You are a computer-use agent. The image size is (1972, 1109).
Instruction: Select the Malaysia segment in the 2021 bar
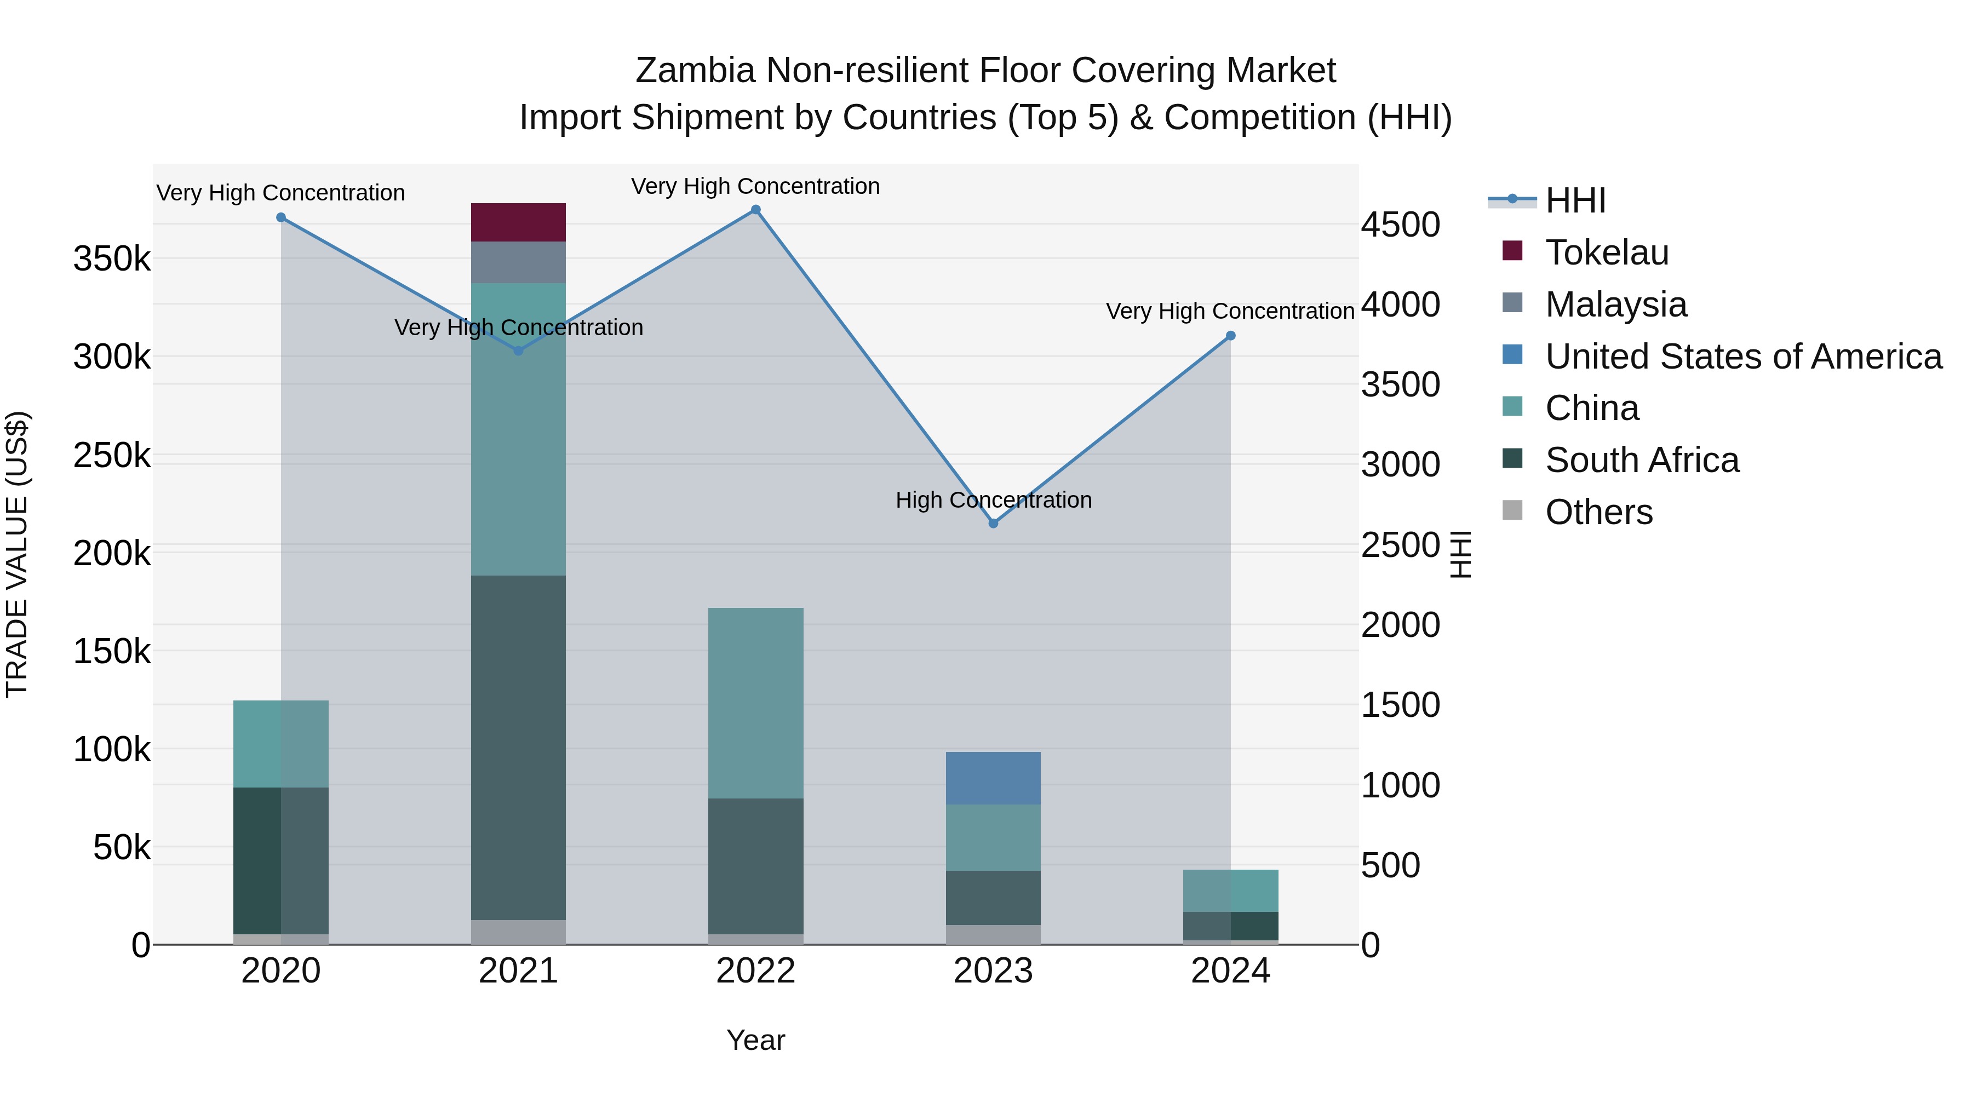click(x=518, y=262)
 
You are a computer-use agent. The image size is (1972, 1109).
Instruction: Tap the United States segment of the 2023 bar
click(x=993, y=778)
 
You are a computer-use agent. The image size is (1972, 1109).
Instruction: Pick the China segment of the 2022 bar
click(x=755, y=703)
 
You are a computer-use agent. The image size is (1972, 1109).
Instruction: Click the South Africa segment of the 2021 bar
click(x=518, y=747)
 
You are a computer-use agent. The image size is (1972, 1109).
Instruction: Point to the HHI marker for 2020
click(x=281, y=217)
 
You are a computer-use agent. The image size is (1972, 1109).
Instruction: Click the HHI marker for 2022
click(x=755, y=210)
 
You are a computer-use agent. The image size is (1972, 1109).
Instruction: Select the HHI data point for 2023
click(x=993, y=524)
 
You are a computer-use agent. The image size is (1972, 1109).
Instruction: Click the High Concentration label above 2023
click(x=993, y=500)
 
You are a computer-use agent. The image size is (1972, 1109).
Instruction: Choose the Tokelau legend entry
click(x=1607, y=252)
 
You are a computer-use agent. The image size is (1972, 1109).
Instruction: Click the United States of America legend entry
click(x=1743, y=357)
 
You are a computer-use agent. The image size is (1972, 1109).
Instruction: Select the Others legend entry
click(x=1598, y=512)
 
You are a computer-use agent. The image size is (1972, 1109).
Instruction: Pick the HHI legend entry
click(x=1575, y=200)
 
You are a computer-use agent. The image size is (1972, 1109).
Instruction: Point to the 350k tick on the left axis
click(x=112, y=258)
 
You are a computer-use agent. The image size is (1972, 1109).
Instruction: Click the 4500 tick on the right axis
click(x=1400, y=225)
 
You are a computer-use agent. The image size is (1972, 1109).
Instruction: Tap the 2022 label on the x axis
click(x=755, y=971)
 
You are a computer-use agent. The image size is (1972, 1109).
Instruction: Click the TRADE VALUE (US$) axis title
click(x=17, y=554)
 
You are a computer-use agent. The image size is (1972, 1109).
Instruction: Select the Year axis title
click(x=755, y=1040)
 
